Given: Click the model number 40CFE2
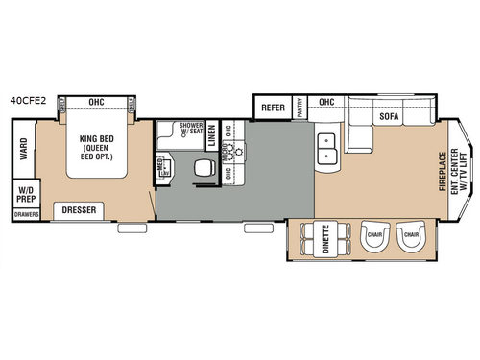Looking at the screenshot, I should tap(30, 98).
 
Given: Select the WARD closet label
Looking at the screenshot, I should tap(22, 150).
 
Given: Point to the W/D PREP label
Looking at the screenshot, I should tap(23, 195).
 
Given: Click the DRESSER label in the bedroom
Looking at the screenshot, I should tap(78, 209).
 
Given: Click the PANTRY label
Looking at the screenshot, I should tap(299, 107).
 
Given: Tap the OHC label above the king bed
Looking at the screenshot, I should tap(96, 99).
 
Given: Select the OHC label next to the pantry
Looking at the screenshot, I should tap(326, 102).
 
